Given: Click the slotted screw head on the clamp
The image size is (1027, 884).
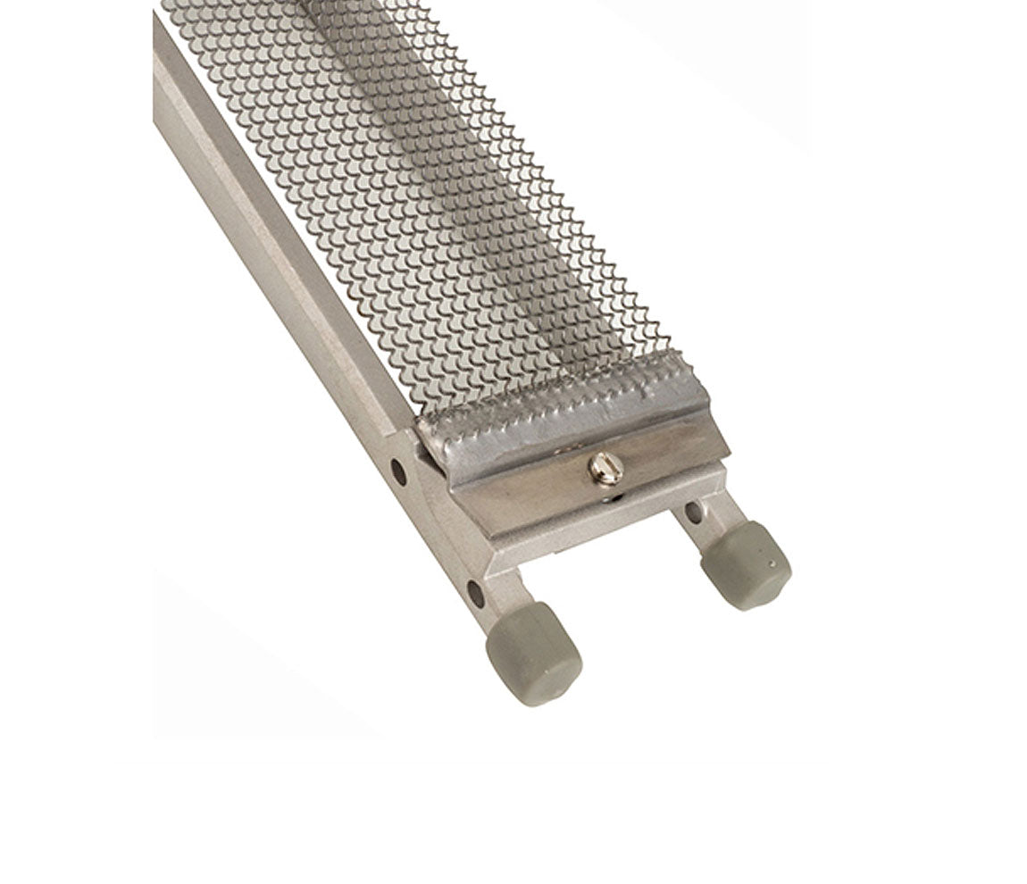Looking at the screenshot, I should pyautogui.click(x=605, y=467).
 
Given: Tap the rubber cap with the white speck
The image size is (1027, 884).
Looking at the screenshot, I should pyautogui.click(x=747, y=564).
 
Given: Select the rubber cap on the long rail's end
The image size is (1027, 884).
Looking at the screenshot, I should pyautogui.click(x=534, y=654).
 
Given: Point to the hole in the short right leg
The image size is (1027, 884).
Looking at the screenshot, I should pyautogui.click(x=693, y=513).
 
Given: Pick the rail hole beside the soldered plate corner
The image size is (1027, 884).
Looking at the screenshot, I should pyautogui.click(x=398, y=471).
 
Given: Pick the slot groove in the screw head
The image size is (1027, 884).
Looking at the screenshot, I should pyautogui.click(x=605, y=466).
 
